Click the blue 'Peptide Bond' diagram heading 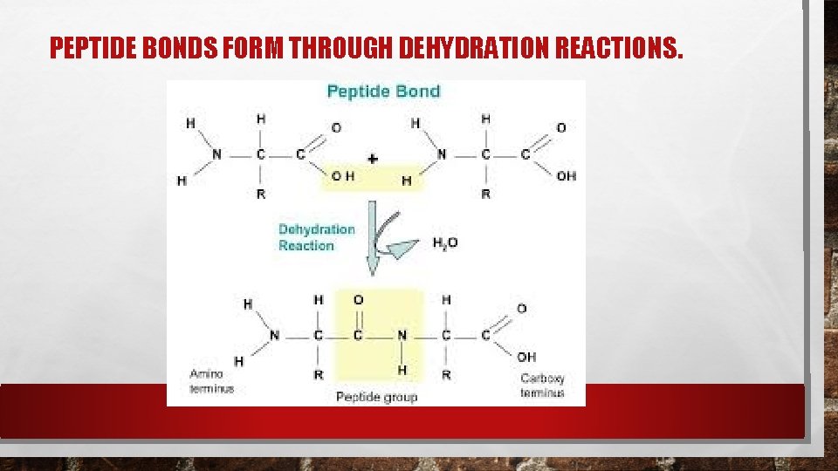point(383,91)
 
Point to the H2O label point(445,243)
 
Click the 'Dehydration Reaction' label point(316,237)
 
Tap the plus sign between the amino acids point(374,160)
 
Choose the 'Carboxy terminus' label point(542,386)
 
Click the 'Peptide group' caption point(377,397)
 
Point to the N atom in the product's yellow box point(402,336)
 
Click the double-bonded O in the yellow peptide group point(358,300)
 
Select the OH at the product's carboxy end point(526,357)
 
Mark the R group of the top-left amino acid point(261,194)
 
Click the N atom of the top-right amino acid point(442,154)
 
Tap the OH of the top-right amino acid point(566,176)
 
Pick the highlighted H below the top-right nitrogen point(406,181)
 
